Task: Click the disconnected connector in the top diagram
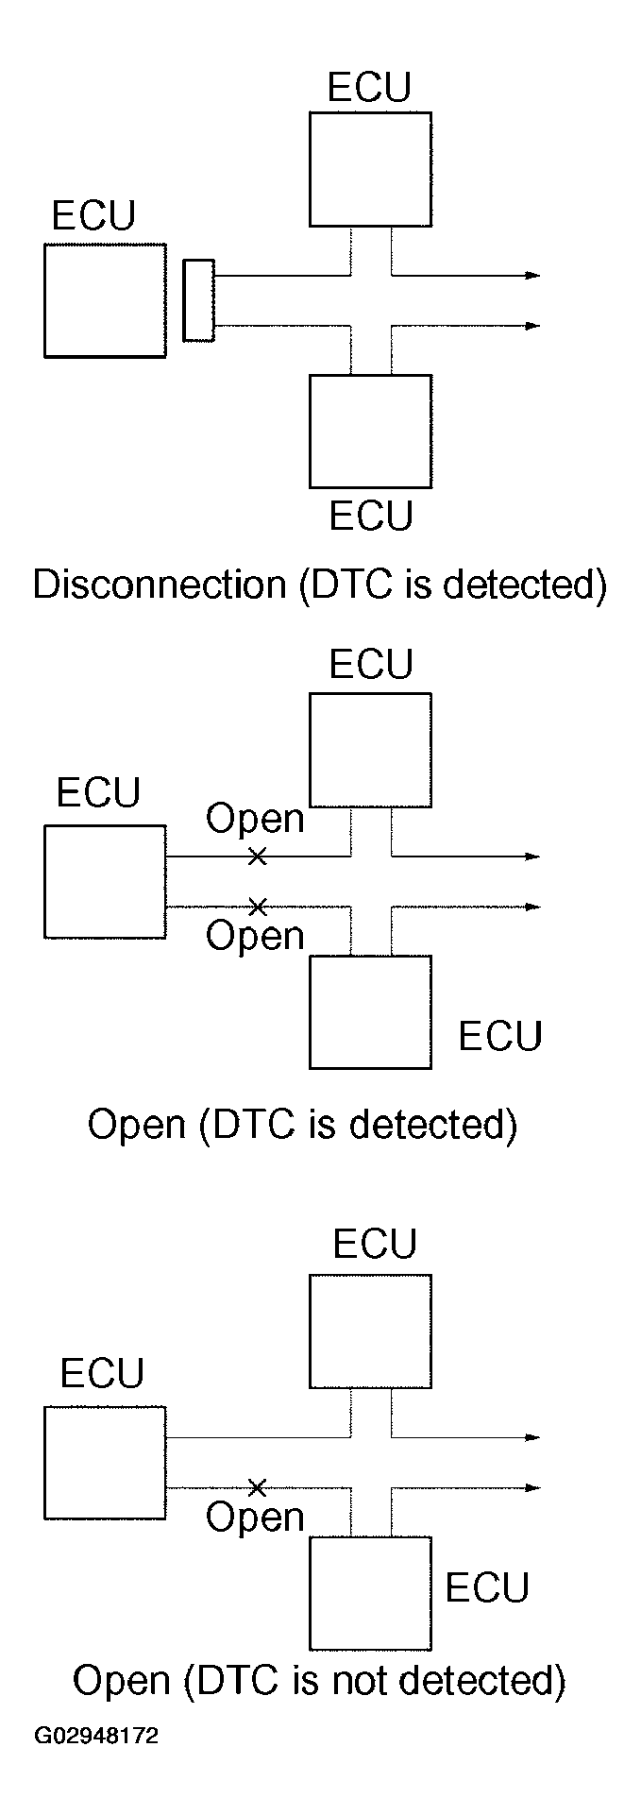198,300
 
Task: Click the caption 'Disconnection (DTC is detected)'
319,585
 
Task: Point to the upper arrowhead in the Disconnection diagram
533,276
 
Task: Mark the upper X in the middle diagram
256,857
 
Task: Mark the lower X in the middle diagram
256,907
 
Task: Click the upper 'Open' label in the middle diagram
255,819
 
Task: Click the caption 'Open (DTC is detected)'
302,1125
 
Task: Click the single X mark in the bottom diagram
256,1487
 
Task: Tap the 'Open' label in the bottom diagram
255,1518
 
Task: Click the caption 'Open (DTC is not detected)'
319,1680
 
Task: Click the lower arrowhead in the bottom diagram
533,1488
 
